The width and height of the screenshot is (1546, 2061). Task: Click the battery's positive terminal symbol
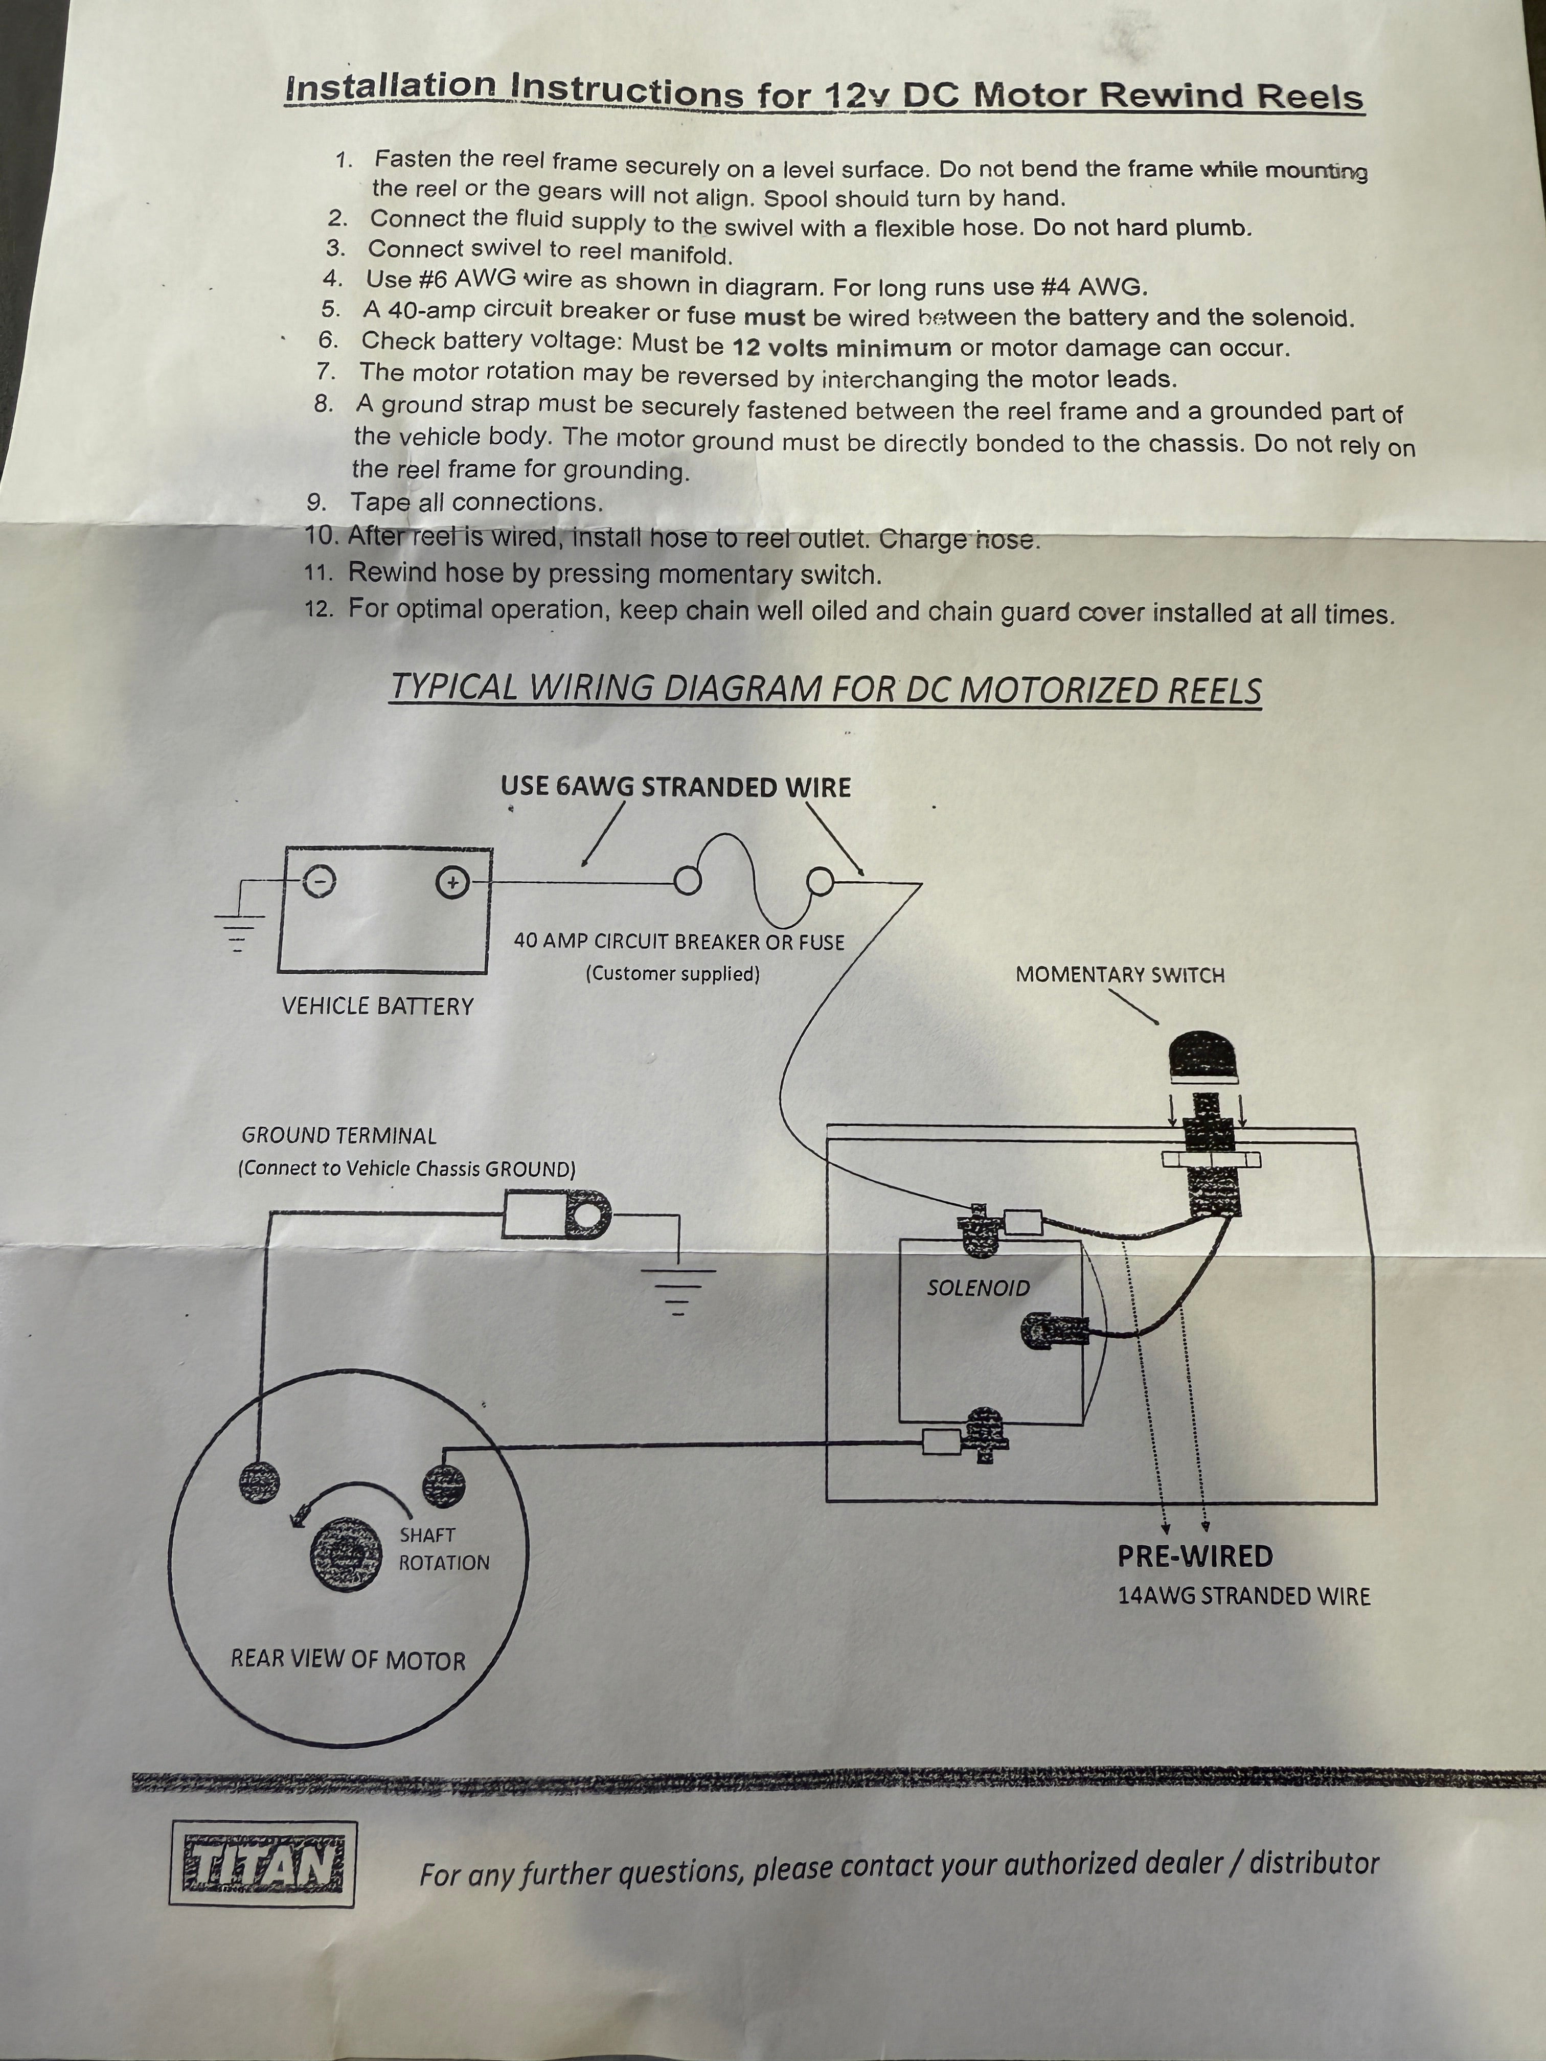pos(452,882)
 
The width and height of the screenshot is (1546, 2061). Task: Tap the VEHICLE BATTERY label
pos(377,1006)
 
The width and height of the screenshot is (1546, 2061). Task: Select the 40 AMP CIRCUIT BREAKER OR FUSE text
pos(678,942)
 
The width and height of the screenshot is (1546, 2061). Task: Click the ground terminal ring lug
pos(586,1217)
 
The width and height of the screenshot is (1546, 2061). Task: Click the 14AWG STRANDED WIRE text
pos(1243,1596)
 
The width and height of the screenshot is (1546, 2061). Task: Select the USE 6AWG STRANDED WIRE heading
pos(676,787)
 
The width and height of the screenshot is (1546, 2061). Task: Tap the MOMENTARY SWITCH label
pos(1119,975)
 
